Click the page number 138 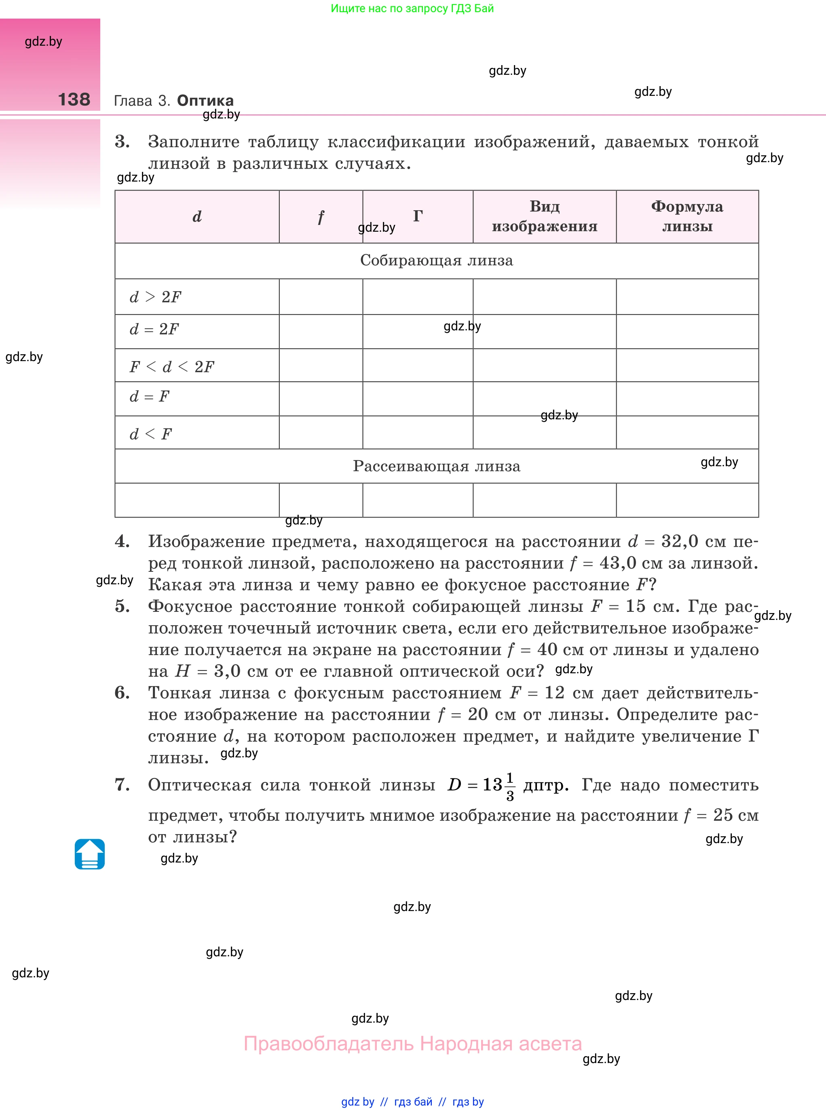pos(74,99)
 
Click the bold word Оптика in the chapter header pos(205,101)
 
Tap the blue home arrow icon pos(89,854)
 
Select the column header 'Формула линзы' pos(687,216)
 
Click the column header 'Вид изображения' pos(545,216)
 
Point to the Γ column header pos(418,216)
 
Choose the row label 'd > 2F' pos(155,297)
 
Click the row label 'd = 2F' pos(154,330)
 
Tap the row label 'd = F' pos(150,397)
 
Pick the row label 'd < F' pos(150,434)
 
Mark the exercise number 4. pos(122,541)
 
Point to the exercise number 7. pos(122,785)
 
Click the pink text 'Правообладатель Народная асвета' pos(412,1044)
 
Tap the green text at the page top pos(412,8)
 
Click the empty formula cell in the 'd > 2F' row pos(687,297)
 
